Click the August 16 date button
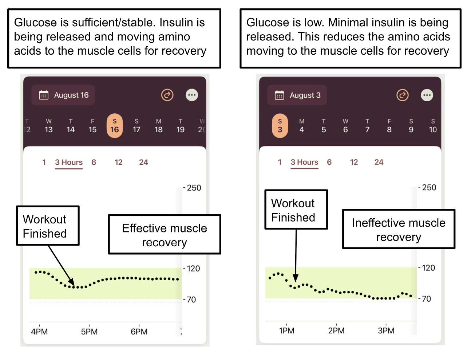[x=63, y=95]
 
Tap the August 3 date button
[x=297, y=95]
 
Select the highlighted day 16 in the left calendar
[x=114, y=126]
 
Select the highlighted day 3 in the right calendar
[x=280, y=126]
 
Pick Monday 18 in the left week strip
[x=158, y=126]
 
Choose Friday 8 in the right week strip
[x=389, y=126]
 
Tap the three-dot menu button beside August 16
[x=192, y=95]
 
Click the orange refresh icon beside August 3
[x=402, y=95]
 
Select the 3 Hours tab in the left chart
[x=69, y=163]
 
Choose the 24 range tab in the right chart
[x=379, y=162]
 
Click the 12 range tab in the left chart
[x=118, y=163]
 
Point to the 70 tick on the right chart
[x=426, y=299]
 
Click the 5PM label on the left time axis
[x=89, y=332]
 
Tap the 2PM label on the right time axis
[x=336, y=331]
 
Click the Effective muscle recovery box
[x=165, y=235]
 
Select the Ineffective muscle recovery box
[x=399, y=229]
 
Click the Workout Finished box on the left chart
[x=48, y=226]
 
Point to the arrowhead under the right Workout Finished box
[x=296, y=279]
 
